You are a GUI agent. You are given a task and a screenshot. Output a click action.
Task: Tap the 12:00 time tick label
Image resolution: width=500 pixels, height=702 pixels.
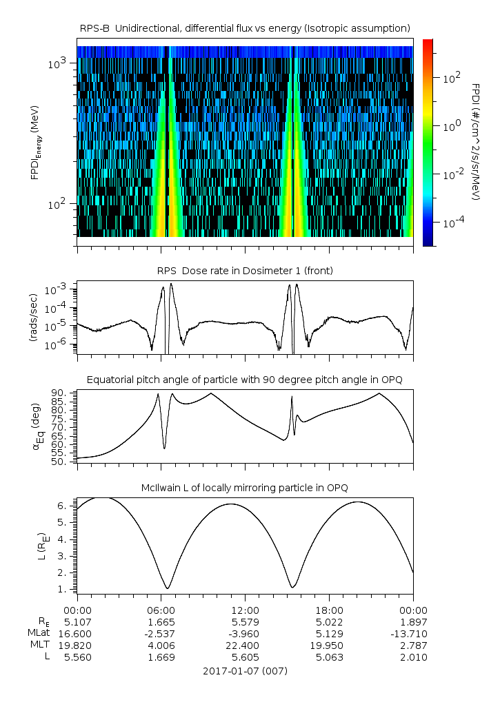pos(245,610)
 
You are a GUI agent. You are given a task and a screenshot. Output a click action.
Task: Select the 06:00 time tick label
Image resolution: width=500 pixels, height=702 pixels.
pos(161,610)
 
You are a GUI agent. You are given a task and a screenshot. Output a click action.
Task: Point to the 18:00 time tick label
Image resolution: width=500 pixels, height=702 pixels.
pos(329,610)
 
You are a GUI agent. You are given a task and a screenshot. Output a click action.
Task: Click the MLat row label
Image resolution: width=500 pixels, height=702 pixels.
pos(39,632)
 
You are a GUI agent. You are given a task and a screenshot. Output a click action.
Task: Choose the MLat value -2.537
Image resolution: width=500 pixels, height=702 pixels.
pos(161,632)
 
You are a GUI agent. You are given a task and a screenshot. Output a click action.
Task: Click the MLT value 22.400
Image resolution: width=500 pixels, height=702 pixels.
pos(245,645)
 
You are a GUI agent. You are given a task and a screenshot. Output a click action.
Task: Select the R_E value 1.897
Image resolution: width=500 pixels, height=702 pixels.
pos(413,621)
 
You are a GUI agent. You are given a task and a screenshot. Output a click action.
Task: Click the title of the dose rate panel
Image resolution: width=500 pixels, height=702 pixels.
pos(245,271)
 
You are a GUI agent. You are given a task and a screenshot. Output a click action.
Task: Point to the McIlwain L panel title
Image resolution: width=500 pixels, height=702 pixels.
pos(245,488)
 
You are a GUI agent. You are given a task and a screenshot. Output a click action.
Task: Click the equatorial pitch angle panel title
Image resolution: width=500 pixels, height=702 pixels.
pos(245,380)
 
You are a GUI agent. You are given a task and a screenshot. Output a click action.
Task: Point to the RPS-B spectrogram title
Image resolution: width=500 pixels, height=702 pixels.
pos(245,28)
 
